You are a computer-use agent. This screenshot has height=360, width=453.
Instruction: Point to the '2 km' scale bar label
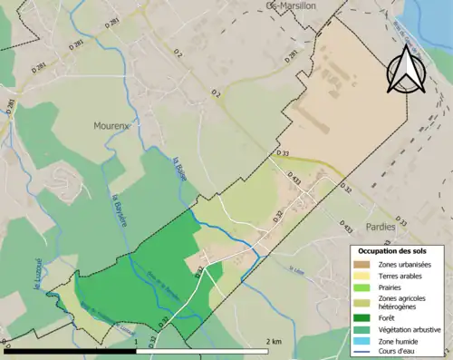[x=275, y=341]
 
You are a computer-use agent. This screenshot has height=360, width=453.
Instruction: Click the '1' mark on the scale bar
[x=138, y=341]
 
